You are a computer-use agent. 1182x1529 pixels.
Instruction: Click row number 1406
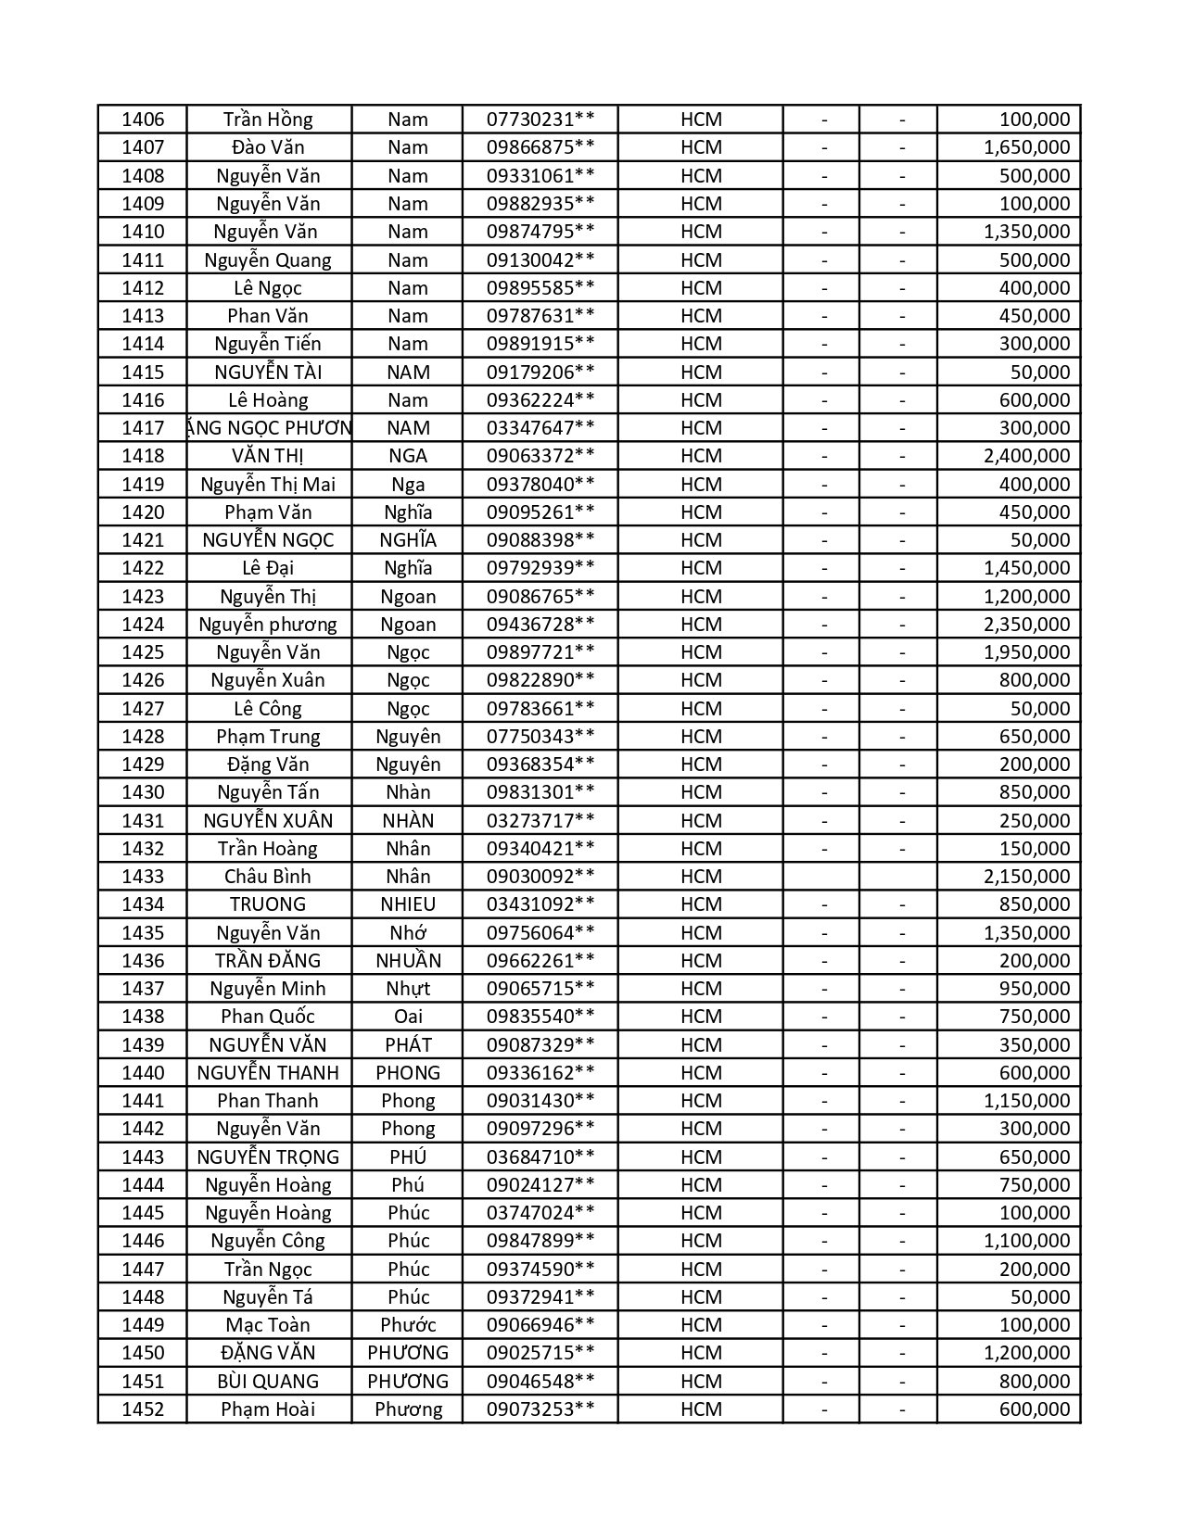pos(143,120)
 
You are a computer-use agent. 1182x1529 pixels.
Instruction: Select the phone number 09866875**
pos(540,147)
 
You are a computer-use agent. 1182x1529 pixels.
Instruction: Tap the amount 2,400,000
pos(1026,456)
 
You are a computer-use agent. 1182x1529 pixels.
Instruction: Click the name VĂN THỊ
pos(268,456)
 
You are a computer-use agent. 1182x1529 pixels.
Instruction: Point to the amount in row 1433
pos(1026,877)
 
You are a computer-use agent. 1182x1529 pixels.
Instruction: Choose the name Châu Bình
pos(268,877)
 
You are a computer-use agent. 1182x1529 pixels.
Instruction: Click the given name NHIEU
pos(408,904)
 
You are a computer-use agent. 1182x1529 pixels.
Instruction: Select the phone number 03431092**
pos(540,904)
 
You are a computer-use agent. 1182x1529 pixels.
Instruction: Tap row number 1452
pos(143,1409)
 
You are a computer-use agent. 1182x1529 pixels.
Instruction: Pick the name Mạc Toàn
pos(268,1325)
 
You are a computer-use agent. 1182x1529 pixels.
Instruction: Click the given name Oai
pos(408,1017)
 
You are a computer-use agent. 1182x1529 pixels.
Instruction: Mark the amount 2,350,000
pos(1026,625)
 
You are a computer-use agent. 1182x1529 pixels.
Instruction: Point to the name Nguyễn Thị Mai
pos(268,485)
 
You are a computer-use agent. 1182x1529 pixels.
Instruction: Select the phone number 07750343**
pos(540,737)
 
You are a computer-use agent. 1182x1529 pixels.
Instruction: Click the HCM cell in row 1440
pos(701,1073)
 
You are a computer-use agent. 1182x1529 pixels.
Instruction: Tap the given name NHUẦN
pos(408,961)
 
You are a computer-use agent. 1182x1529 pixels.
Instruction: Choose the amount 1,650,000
pos(1026,147)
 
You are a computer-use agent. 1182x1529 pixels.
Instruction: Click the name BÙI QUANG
pos(268,1382)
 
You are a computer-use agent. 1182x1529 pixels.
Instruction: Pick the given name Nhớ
pos(408,933)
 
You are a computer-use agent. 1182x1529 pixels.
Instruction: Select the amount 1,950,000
pos(1026,652)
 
